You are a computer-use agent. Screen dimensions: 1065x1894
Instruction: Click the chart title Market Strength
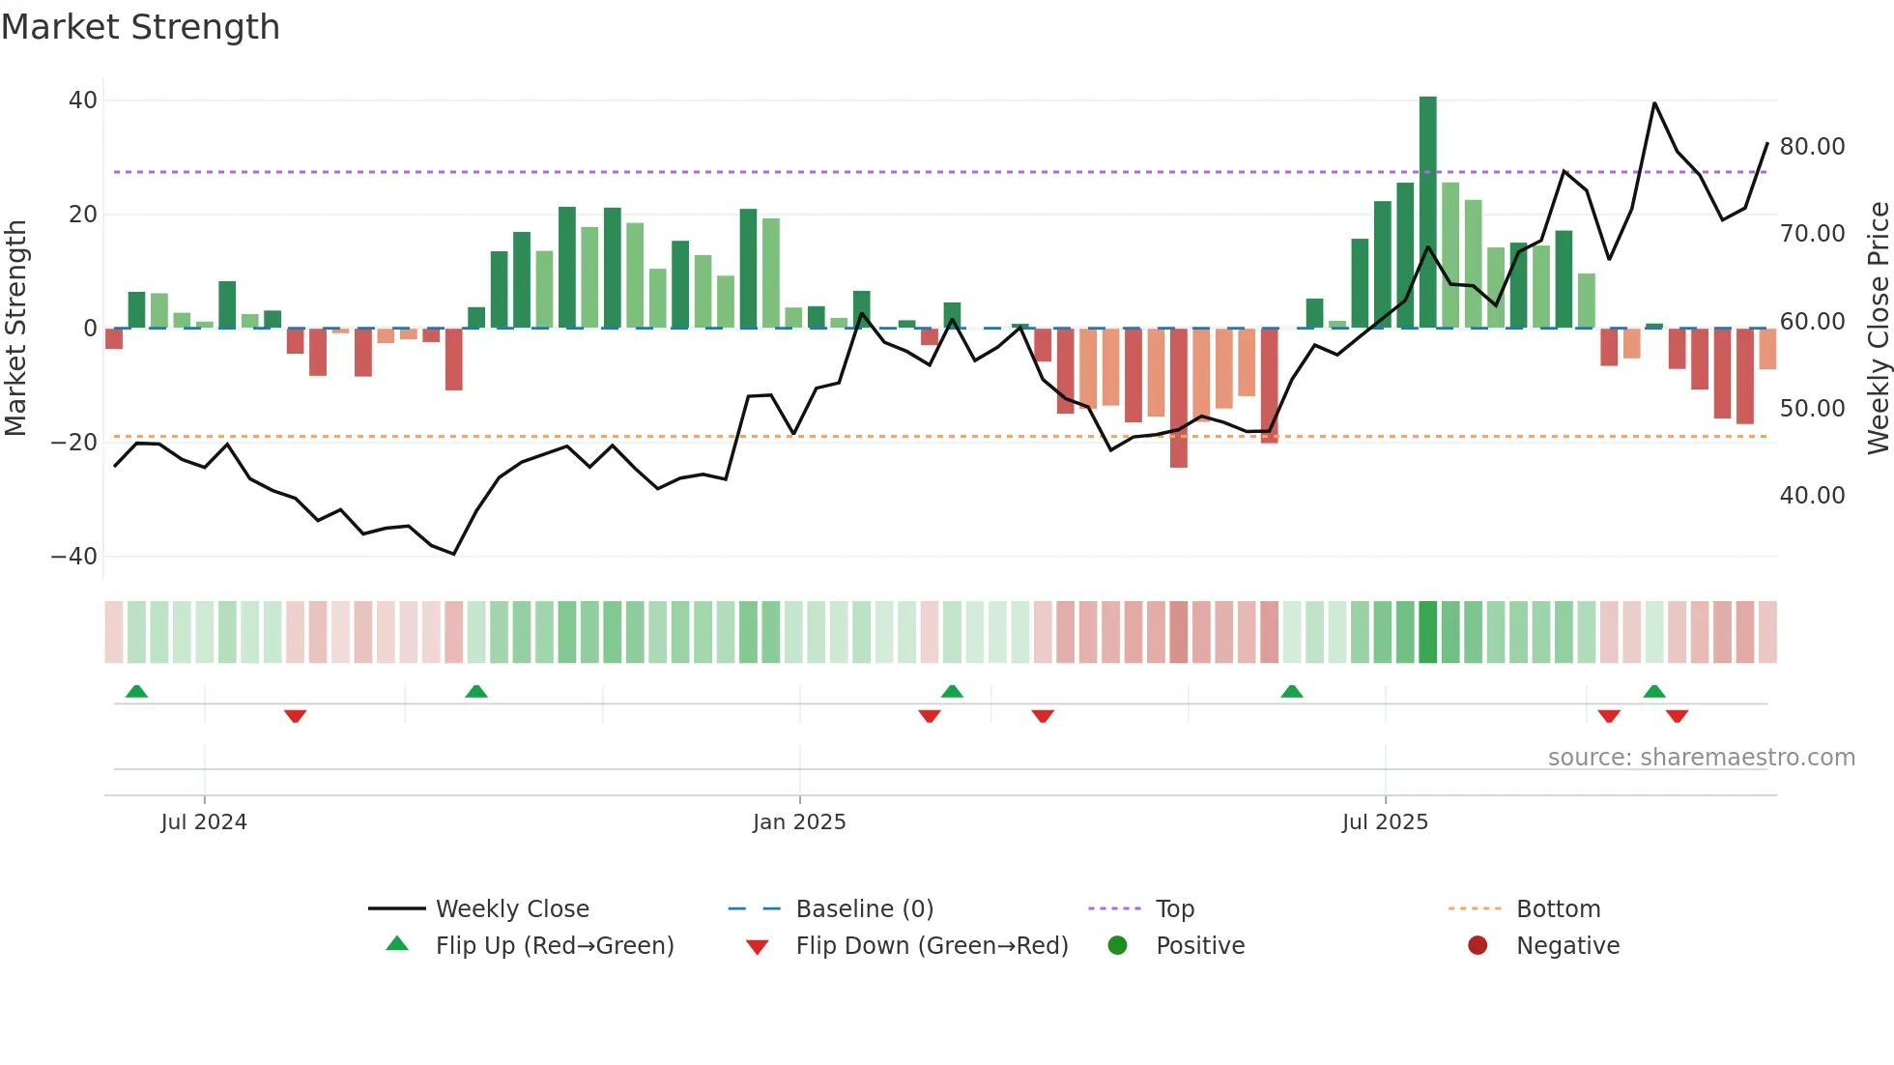pyautogui.click(x=140, y=27)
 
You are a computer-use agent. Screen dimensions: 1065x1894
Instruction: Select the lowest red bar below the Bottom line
pyautogui.click(x=1178, y=398)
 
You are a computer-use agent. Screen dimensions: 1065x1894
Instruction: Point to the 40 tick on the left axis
pyautogui.click(x=83, y=101)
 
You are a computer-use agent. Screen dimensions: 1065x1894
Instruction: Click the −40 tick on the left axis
pyautogui.click(x=75, y=557)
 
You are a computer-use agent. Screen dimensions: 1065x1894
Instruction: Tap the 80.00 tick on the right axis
pyautogui.click(x=1812, y=147)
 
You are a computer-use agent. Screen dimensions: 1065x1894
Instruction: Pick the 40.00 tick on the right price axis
pyautogui.click(x=1812, y=496)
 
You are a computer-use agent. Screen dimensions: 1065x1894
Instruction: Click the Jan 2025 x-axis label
pyautogui.click(x=799, y=822)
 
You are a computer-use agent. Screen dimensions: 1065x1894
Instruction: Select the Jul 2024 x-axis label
pyautogui.click(x=204, y=822)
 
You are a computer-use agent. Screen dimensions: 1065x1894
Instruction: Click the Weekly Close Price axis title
pyautogui.click(x=1878, y=329)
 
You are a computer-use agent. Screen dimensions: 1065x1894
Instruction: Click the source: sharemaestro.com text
pyautogui.click(x=1701, y=758)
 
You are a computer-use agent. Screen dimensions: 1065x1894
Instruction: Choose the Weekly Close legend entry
pyautogui.click(x=511, y=909)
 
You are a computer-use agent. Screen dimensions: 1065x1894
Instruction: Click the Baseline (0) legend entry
pyautogui.click(x=864, y=909)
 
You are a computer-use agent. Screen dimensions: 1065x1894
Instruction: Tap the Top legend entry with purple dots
pyautogui.click(x=1174, y=909)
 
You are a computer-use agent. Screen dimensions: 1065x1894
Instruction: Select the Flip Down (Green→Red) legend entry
pyautogui.click(x=931, y=946)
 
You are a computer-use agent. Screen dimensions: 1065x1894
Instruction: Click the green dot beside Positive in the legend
pyautogui.click(x=1117, y=946)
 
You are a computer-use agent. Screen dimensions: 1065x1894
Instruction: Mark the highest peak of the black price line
pyautogui.click(x=1654, y=103)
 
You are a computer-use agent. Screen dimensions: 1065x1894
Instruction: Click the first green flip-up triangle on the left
pyautogui.click(x=136, y=691)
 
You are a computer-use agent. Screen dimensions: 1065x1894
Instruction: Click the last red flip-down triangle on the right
pyautogui.click(x=1677, y=716)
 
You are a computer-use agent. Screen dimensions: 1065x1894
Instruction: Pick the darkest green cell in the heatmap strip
pyautogui.click(x=1427, y=632)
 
